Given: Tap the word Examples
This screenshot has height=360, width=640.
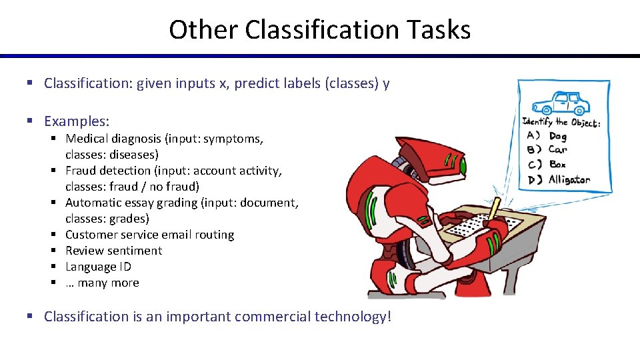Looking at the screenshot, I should click(76, 121).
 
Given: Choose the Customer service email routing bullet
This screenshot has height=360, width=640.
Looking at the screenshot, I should click(149, 235).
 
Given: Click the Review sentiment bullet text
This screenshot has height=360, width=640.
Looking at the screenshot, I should click(113, 251).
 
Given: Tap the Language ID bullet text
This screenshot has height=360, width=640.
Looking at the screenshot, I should click(98, 267).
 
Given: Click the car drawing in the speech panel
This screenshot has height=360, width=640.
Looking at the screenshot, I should click(561, 104).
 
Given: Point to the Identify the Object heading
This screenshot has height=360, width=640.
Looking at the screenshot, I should click(561, 122).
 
